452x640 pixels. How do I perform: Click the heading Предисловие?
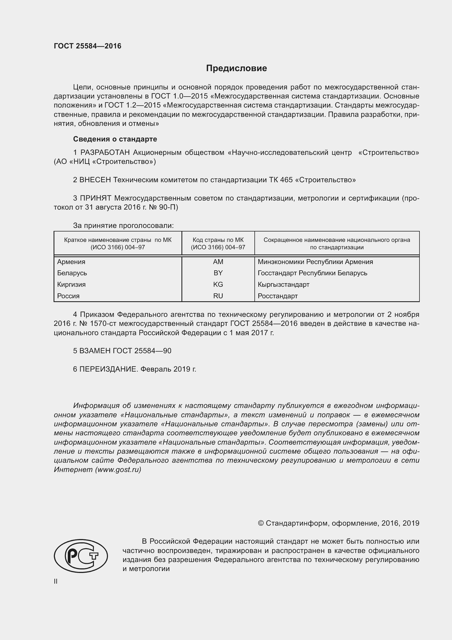[236, 68]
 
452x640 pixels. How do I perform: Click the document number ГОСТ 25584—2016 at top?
[87, 46]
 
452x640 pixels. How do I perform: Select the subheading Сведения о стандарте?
[115, 139]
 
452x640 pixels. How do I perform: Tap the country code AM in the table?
[218, 262]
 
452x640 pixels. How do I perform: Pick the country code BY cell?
[218, 273]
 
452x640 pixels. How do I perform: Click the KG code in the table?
[218, 285]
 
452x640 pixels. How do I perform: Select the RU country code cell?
[218, 296]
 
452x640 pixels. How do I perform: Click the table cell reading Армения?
[71, 262]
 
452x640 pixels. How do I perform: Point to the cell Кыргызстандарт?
[283, 285]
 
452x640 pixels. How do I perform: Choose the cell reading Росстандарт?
[277, 296]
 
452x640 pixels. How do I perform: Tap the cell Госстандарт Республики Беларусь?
[312, 273]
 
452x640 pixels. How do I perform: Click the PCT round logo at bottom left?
[81, 556]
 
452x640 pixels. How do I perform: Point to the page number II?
[56, 581]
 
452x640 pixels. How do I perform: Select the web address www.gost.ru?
[118, 470]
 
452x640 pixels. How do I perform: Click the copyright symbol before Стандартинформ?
[261, 523]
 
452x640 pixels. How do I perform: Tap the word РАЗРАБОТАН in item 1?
[105, 152]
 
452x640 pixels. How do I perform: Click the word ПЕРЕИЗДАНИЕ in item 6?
[108, 369]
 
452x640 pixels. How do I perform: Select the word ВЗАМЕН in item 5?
[95, 351]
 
